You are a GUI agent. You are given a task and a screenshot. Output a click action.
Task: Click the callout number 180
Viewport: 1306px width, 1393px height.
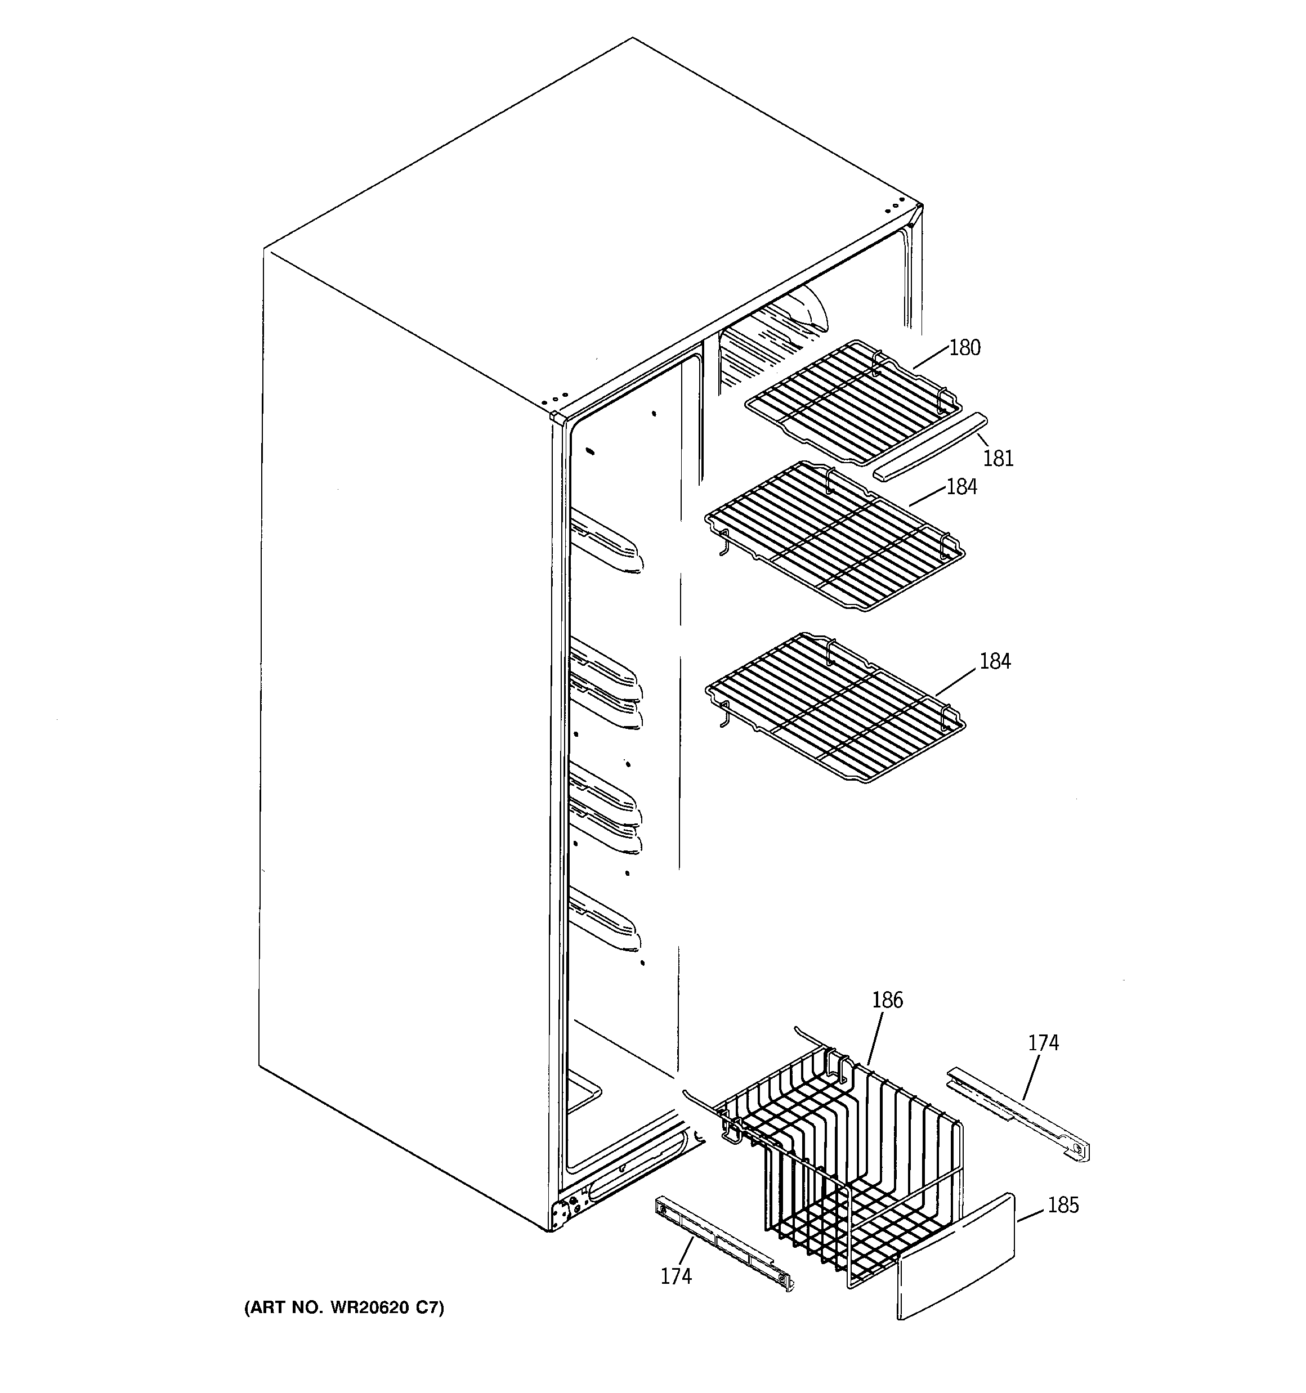coord(965,348)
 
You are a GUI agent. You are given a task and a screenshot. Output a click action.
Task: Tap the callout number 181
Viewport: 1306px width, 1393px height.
coord(998,458)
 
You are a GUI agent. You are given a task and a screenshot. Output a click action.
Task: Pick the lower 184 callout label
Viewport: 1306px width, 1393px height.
coord(995,661)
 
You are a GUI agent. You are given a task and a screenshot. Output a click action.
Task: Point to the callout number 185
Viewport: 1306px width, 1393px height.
coord(1063,1205)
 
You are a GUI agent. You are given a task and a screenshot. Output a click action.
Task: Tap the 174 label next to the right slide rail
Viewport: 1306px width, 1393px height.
coord(1043,1043)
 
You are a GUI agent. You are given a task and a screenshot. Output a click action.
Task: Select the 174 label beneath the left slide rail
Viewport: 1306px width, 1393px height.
coord(676,1276)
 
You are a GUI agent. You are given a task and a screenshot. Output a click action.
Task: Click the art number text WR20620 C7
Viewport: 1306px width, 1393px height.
coord(343,1307)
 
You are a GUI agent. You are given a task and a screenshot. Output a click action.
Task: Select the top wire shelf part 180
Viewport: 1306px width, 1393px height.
coord(852,403)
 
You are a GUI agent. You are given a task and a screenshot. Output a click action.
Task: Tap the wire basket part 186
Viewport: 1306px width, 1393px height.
coord(841,1149)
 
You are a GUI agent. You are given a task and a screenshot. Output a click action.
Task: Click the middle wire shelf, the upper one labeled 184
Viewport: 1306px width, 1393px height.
coord(834,536)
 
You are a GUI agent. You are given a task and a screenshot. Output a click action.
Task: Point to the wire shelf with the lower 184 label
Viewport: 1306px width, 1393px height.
coord(834,707)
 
